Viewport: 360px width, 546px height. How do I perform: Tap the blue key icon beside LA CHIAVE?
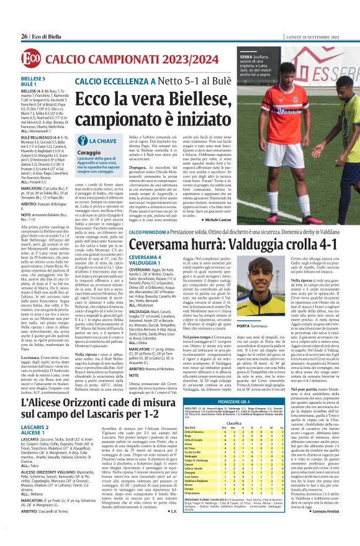pyautogui.click(x=81, y=142)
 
